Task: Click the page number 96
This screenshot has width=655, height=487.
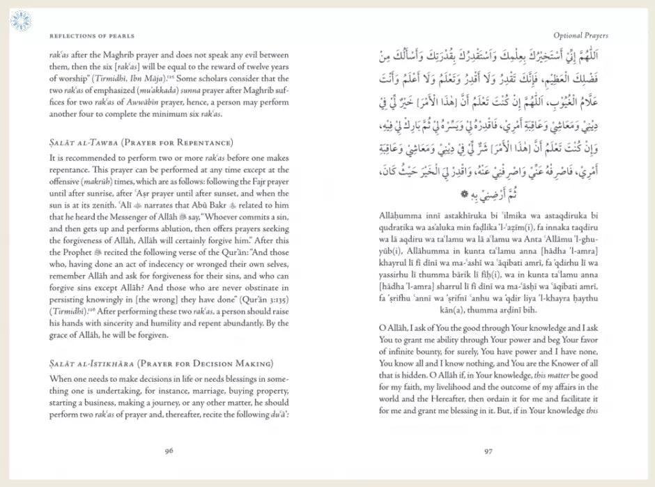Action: pyautogui.click(x=169, y=450)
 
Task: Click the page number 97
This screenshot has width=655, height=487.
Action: pyautogui.click(x=488, y=450)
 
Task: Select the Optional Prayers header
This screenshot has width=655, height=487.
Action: pyautogui.click(x=580, y=36)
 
